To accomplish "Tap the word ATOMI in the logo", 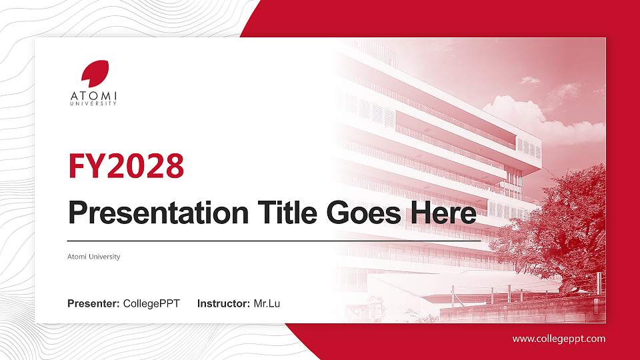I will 94,96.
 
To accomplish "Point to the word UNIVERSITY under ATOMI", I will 94,103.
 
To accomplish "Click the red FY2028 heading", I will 126,167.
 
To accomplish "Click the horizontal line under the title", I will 274,240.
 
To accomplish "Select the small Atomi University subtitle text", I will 94,257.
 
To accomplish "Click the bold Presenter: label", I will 93,304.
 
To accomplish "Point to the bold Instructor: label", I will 224,304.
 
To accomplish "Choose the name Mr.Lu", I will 267,304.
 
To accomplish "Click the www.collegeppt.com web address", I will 559,339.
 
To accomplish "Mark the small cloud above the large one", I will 530,80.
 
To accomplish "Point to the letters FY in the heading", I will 83,167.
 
